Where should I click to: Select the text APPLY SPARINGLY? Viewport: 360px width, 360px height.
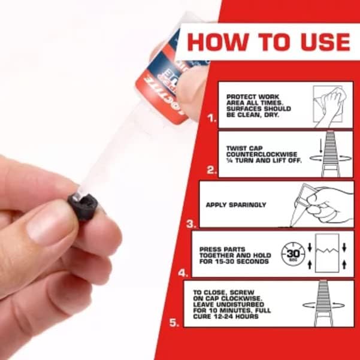click(236, 205)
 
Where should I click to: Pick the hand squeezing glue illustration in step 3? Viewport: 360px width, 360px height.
click(323, 204)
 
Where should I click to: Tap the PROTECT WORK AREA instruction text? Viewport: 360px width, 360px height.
click(258, 105)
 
